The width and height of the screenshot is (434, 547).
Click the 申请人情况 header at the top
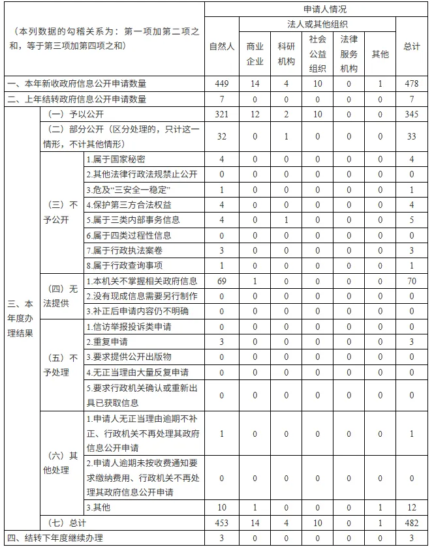coord(317,9)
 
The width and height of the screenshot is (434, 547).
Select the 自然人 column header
coord(222,46)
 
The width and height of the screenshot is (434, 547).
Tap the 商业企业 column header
coord(255,53)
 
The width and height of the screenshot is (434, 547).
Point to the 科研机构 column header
coord(286,53)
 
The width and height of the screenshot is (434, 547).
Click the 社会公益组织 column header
coord(317,53)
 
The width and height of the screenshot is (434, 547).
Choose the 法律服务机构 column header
coord(349,53)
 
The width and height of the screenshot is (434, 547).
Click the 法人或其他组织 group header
coord(317,24)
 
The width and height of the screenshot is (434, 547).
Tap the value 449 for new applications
coord(222,83)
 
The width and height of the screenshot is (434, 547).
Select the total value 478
coord(411,83)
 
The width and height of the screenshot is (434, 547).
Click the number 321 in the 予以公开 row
coord(222,114)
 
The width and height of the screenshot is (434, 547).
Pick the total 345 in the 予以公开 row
coord(411,114)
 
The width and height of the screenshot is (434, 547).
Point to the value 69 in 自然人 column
coord(222,281)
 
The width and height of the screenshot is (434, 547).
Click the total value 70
coord(411,281)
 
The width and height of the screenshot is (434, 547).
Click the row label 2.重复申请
coord(107,342)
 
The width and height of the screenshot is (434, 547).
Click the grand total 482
coord(411,523)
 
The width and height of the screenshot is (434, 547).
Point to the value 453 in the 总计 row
coord(222,523)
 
